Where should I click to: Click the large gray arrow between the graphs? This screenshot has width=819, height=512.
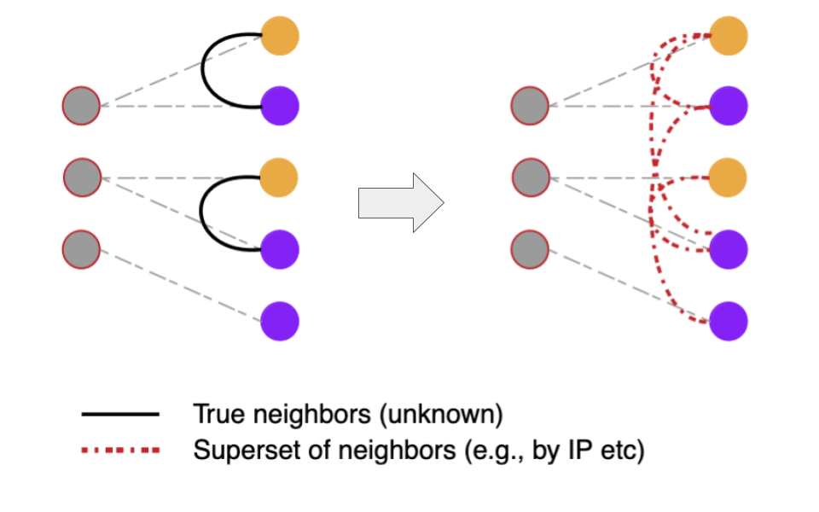tap(399, 202)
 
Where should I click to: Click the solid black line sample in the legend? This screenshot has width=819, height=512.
tap(120, 415)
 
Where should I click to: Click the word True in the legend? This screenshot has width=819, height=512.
tap(212, 415)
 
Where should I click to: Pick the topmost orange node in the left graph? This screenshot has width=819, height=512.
tap(280, 35)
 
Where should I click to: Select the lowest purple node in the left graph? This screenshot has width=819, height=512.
tap(280, 321)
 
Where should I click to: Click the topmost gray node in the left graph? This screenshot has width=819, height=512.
tap(81, 107)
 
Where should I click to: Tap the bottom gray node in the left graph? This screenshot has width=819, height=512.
tap(81, 249)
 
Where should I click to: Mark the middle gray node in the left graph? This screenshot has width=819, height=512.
tap(82, 177)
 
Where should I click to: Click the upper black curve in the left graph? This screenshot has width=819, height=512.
tap(203, 71)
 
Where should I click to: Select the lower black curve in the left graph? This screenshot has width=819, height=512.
tap(202, 213)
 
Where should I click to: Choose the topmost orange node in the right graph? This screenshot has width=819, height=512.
tap(729, 35)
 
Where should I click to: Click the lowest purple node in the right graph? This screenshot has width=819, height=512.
tap(729, 321)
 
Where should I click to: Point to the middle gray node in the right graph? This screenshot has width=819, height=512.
tap(531, 177)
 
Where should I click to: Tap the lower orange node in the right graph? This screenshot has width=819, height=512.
tap(729, 177)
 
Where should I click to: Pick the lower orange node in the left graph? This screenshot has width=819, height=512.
tap(280, 177)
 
